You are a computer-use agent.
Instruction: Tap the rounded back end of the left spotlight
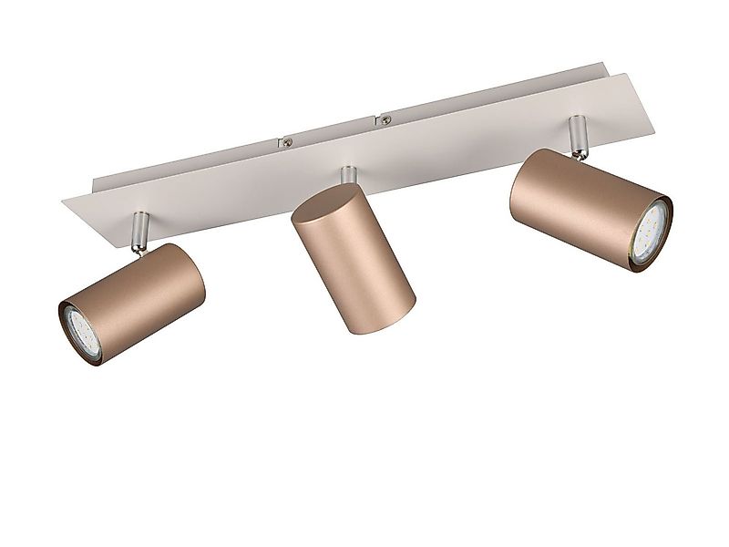(x=187, y=264)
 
